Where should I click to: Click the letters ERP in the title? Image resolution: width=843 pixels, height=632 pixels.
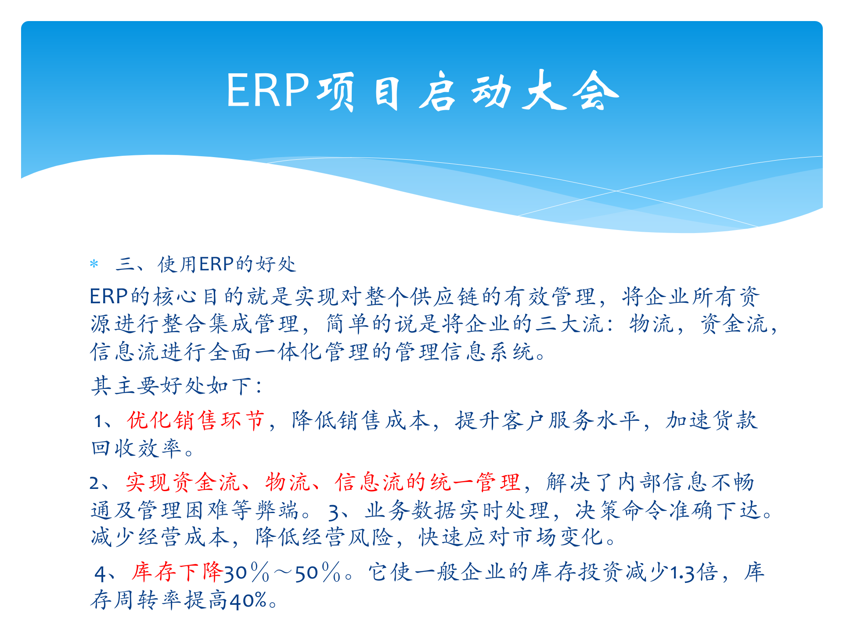[268, 90]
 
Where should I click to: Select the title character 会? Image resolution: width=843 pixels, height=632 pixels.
[596, 91]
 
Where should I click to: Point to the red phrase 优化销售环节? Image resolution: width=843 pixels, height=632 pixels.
[196, 420]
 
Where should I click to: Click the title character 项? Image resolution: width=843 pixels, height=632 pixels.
[336, 91]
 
